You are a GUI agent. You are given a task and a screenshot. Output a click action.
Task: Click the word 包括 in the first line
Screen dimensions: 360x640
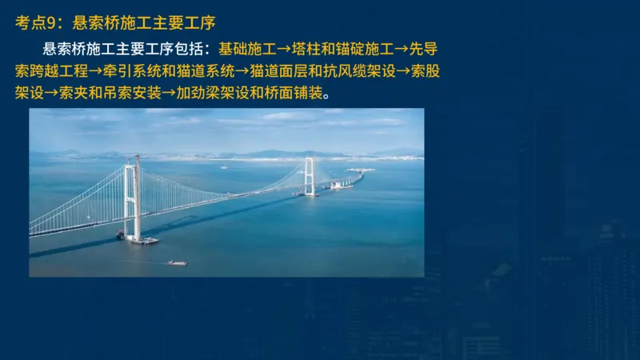tap(188, 48)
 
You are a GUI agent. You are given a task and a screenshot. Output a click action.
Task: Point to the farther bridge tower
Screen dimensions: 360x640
tap(309, 175)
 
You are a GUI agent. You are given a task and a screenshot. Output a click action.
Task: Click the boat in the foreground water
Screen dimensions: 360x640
tap(178, 262)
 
